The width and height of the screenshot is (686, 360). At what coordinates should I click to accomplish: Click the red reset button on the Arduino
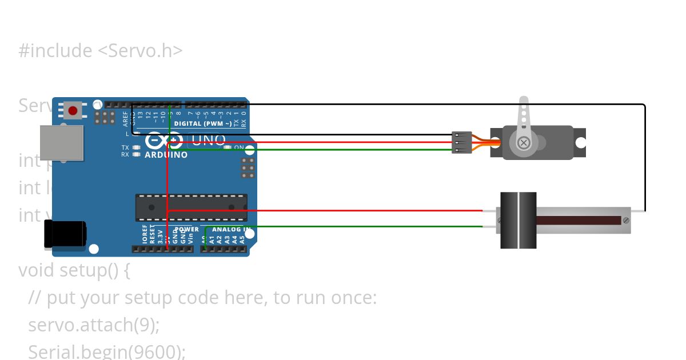pos(73,110)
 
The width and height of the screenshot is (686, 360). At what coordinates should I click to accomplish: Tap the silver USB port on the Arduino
pos(61,142)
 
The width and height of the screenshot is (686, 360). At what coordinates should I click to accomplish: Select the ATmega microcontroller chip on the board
pos(192,207)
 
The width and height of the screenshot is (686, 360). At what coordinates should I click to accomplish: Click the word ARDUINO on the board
pos(166,155)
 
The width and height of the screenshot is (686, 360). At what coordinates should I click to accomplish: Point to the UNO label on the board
pos(206,140)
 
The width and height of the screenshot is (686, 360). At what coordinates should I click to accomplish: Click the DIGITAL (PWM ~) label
pos(203,123)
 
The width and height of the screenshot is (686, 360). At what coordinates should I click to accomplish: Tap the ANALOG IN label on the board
pos(231,230)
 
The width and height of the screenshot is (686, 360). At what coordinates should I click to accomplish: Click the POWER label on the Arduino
pos(187,230)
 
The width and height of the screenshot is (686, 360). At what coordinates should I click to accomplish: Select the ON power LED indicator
pos(228,147)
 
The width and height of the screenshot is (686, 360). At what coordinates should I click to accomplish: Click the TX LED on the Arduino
pos(136,147)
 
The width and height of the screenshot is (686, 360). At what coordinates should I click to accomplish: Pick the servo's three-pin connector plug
pos(462,142)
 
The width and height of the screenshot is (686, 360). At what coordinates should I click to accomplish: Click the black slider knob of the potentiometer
pos(519,220)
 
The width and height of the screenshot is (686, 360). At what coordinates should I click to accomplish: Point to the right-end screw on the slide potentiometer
pos(626,220)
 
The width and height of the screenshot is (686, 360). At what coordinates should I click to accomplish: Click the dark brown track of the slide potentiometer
pos(577,220)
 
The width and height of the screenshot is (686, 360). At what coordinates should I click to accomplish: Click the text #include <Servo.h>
pos(101,51)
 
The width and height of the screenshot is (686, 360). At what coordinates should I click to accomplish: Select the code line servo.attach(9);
pos(94,325)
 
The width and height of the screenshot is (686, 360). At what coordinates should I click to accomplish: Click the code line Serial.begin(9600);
pos(107,351)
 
